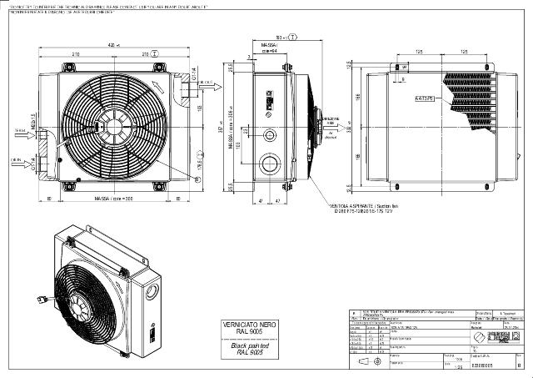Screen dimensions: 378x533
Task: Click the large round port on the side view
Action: click(x=268, y=161)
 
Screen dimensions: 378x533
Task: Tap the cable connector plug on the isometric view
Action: click(x=152, y=336)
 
